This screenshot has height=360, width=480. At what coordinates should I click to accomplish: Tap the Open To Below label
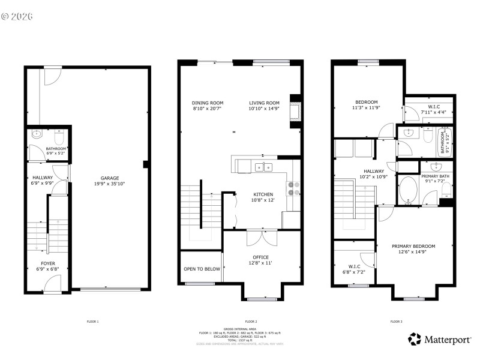point(202,269)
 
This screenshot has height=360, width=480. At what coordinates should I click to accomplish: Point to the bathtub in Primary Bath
point(410,190)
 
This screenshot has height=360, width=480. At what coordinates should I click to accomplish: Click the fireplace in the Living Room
point(295,112)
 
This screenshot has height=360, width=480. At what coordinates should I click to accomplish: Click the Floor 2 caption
point(251,322)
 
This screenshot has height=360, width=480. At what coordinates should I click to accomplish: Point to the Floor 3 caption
point(397,322)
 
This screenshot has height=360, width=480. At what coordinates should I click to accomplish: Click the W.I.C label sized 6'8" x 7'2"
point(353,269)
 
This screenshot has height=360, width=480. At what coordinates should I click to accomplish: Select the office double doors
point(262,237)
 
